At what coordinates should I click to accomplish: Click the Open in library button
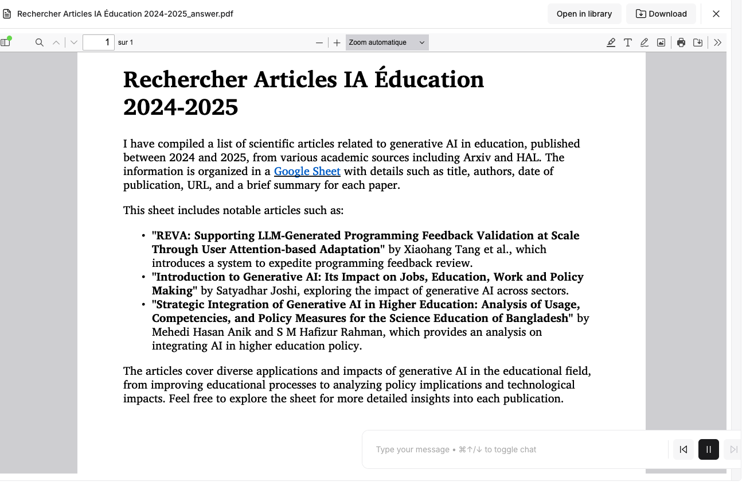point(584,14)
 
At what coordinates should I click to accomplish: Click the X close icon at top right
point(716,14)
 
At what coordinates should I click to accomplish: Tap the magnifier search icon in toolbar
point(40,42)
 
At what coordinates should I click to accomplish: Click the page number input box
point(98,42)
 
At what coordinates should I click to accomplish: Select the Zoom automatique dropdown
point(386,42)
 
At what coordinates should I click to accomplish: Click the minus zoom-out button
point(319,42)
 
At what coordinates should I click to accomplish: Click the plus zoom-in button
point(337,42)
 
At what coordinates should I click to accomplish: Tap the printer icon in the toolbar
point(681,42)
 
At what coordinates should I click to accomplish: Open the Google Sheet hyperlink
point(307,171)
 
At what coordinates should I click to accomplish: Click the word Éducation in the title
point(429,79)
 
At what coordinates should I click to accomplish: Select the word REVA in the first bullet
point(171,235)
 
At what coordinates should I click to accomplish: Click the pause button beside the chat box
point(708,449)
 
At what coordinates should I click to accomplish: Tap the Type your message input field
point(516,449)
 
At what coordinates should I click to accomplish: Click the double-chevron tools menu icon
point(717,42)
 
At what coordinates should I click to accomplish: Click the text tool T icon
point(628,42)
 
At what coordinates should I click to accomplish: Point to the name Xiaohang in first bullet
point(428,249)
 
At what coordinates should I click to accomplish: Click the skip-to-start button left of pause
point(683,449)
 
